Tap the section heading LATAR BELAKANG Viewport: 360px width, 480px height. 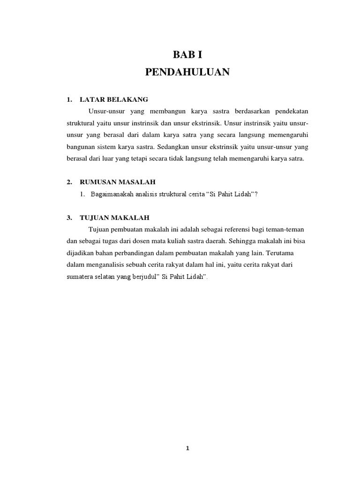114,99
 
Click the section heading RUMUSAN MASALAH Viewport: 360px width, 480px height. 118,181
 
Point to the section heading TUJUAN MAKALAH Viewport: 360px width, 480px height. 115,217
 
